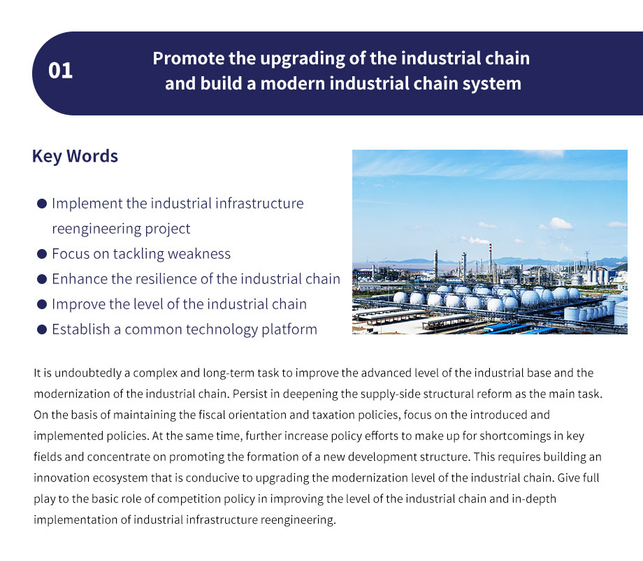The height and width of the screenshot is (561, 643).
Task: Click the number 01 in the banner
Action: point(60,71)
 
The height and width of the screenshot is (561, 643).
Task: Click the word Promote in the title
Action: point(188,58)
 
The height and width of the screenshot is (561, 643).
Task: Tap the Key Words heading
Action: point(75,157)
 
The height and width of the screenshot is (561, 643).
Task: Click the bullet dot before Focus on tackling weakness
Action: point(42,254)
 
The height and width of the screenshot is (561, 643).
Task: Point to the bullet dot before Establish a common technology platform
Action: point(42,329)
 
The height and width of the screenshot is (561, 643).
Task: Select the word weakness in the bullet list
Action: point(199,254)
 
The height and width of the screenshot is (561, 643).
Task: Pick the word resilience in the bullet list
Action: point(168,279)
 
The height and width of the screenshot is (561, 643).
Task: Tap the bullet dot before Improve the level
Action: point(42,304)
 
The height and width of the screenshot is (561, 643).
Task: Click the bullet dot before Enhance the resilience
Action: point(42,280)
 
